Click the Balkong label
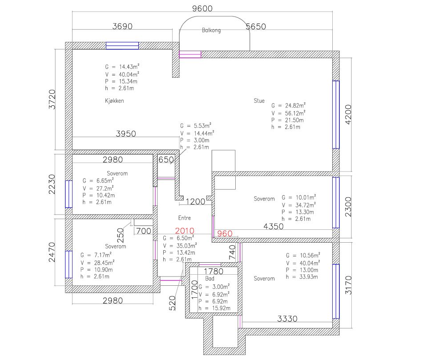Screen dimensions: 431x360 [211, 30]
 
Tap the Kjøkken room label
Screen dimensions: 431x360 [114, 101]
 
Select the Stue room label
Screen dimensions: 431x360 [259, 101]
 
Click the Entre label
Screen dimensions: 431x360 [185, 218]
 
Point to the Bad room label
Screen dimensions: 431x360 [210, 278]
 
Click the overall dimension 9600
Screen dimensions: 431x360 [202, 8]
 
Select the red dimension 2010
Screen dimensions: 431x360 [185, 231]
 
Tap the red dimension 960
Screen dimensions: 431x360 [225, 234]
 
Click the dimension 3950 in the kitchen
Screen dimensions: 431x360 [126, 134]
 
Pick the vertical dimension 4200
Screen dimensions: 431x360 [348, 115]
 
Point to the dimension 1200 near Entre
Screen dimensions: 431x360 [195, 202]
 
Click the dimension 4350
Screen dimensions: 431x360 [274, 227]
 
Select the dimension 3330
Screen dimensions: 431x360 [287, 319]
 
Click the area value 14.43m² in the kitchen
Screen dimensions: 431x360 [129, 67]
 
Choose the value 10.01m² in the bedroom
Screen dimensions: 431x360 [306, 197]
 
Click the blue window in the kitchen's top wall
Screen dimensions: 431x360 [122, 46]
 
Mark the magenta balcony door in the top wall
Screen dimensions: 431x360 [190, 54]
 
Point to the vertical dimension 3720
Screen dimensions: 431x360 [52, 100]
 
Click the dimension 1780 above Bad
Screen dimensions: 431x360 [213, 271]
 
